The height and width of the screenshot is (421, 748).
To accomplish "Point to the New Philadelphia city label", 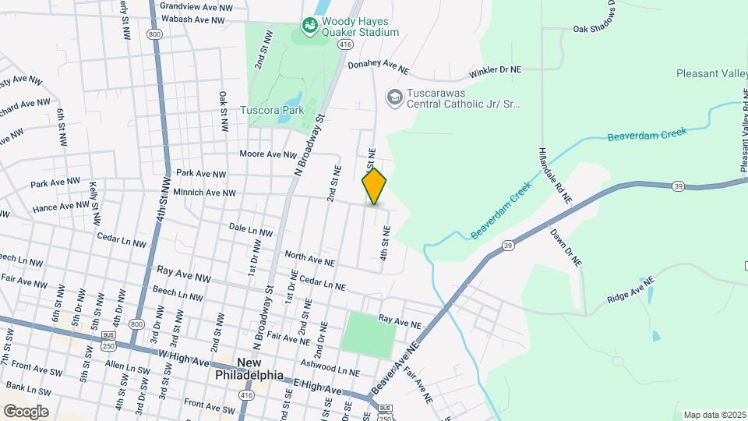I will click(249, 369).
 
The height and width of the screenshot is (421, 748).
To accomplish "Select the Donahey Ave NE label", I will click(378, 68).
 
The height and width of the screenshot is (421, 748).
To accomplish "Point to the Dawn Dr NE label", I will click(566, 247).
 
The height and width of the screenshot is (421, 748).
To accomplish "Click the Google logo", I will click(25, 411).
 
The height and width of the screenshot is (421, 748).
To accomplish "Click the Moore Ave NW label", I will click(268, 154).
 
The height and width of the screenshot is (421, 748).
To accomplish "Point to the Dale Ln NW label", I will click(251, 232).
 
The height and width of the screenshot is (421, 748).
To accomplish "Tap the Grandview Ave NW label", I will click(196, 5).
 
